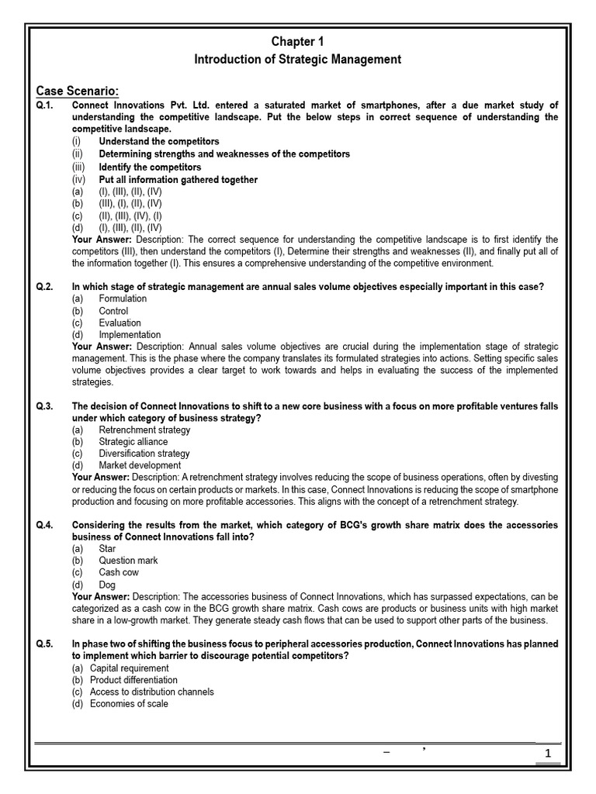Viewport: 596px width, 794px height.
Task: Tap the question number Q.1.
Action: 43,105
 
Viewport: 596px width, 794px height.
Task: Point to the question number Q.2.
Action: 43,287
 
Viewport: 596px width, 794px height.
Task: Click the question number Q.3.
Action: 43,406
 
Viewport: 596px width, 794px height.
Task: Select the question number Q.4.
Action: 43,525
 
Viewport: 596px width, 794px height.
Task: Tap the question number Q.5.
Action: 43,644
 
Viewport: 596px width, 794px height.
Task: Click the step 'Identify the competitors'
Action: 150,167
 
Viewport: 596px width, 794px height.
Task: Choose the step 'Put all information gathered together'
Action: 178,179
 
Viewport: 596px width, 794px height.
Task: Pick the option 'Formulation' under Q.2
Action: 123,299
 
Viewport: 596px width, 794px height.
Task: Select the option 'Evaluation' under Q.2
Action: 120,323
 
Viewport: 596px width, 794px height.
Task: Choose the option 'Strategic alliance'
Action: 133,441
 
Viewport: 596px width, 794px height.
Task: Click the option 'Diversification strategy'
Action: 144,454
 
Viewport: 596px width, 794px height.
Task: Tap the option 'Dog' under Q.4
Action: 107,585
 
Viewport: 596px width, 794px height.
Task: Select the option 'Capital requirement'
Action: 129,668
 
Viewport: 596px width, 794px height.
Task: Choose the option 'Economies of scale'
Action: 129,703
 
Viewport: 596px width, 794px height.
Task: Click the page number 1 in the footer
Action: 548,754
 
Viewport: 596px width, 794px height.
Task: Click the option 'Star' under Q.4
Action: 107,548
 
